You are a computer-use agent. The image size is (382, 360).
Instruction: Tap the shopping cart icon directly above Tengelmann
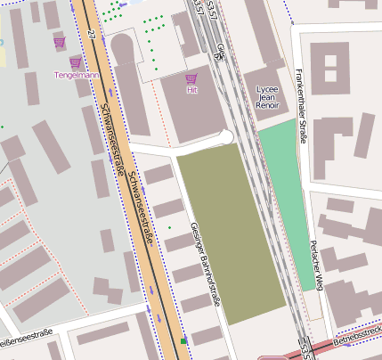(76, 63)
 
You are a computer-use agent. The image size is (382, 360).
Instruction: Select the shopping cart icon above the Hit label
(191, 78)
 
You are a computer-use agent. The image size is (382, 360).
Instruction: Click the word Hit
(191, 90)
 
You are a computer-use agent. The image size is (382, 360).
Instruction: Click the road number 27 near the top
(93, 33)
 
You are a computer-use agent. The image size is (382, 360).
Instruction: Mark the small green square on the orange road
(183, 341)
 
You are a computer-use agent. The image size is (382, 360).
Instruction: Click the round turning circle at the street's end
(224, 136)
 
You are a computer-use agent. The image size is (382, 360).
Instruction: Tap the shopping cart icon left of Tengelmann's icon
(59, 43)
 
